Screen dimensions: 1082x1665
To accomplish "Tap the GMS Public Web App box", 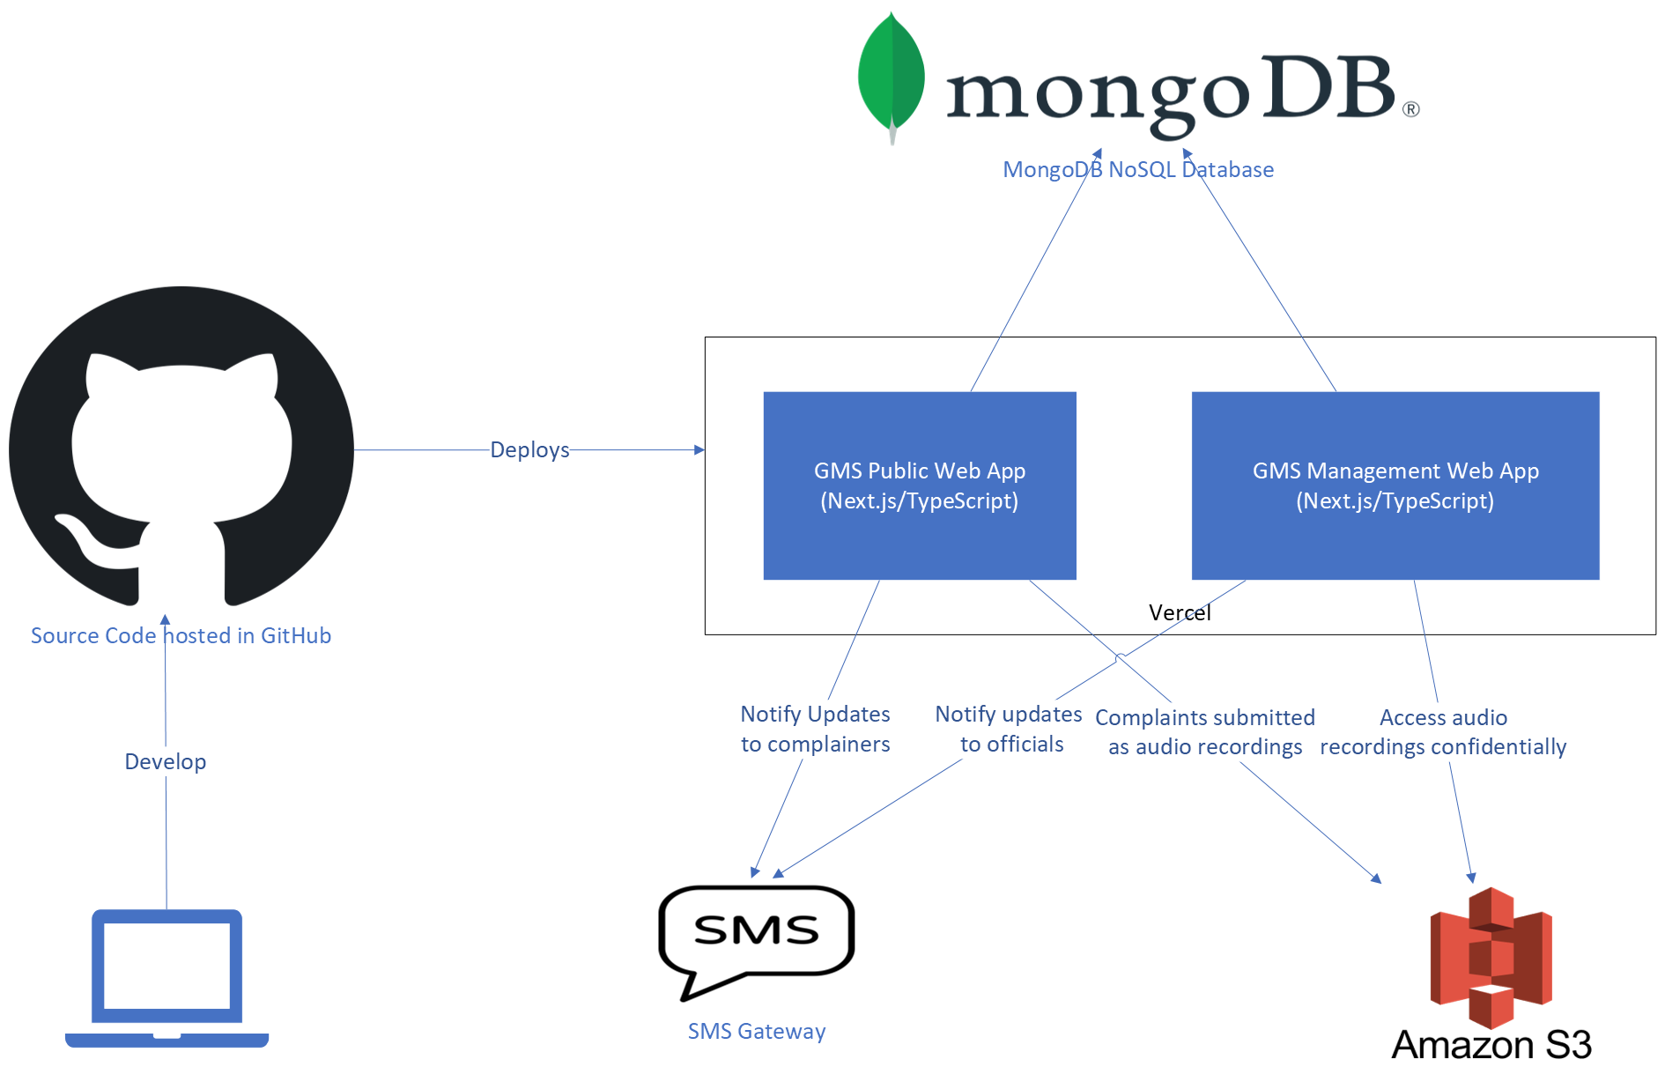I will point(919,485).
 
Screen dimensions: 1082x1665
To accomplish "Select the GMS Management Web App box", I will point(1395,485).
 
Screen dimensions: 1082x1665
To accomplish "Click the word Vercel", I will point(1179,612).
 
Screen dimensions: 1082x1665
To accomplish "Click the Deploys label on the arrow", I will point(529,449).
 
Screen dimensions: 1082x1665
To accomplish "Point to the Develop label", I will point(166,761).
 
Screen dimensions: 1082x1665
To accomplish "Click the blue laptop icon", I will point(166,977).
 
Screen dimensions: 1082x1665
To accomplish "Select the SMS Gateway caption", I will point(756,1031).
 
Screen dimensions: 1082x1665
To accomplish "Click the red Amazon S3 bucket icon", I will point(1491,958).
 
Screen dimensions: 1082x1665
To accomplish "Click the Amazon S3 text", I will point(1491,1045).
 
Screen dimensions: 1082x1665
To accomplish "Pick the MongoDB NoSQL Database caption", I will point(1138,169).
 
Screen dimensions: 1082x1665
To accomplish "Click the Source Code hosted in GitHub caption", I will point(181,635).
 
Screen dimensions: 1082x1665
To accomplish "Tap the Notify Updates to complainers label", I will point(815,729).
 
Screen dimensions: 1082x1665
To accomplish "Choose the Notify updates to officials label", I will point(1010,729).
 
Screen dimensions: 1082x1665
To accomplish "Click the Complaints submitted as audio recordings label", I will point(1204,731).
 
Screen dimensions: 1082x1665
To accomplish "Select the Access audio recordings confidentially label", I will point(1443,731).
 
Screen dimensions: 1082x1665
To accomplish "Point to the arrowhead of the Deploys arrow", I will point(699,449).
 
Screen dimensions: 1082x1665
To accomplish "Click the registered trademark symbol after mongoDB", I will point(1410,109).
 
